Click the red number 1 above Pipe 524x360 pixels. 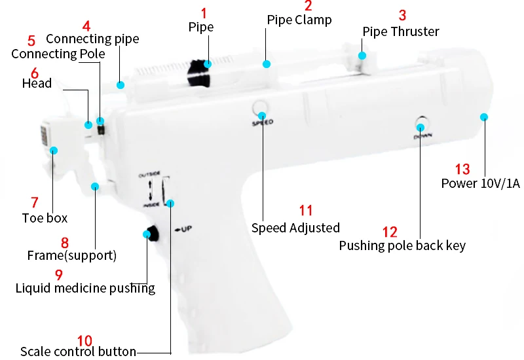(204, 12)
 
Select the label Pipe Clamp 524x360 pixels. (299, 20)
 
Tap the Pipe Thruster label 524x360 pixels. (401, 31)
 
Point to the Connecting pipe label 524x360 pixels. (92, 39)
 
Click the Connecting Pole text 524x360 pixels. (58, 54)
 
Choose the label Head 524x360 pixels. (37, 83)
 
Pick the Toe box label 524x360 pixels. (45, 218)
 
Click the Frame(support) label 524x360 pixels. (71, 255)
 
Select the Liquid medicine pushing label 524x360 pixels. (85, 288)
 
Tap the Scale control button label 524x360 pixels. (78, 351)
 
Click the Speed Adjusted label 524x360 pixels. (295, 228)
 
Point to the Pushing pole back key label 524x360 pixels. (402, 245)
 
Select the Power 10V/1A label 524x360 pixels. (480, 183)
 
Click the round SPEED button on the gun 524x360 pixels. (261, 109)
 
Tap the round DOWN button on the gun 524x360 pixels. (421, 124)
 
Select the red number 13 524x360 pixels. (462, 170)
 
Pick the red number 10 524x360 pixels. (84, 340)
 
